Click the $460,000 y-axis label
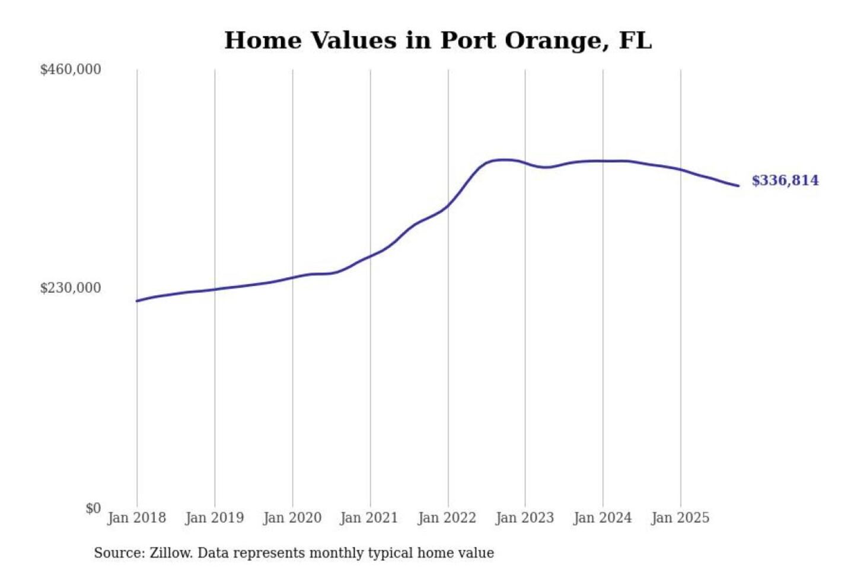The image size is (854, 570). point(71,69)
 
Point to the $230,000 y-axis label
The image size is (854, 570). point(71,288)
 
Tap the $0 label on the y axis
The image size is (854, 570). point(93,508)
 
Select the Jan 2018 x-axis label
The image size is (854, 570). point(136,518)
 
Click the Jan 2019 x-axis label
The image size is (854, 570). point(214,518)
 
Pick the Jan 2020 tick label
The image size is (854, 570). point(292,518)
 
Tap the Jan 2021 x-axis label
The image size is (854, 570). point(369,518)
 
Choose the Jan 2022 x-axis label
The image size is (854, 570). point(447,518)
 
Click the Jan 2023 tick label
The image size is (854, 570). point(524,518)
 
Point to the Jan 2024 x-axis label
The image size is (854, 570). point(603,518)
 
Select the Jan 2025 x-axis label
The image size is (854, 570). point(680,518)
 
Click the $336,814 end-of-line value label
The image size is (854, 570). point(785,180)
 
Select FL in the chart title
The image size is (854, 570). point(635,40)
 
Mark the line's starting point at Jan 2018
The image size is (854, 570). point(137,301)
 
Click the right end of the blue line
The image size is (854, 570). point(738,186)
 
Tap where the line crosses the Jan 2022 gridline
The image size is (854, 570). point(448,205)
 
